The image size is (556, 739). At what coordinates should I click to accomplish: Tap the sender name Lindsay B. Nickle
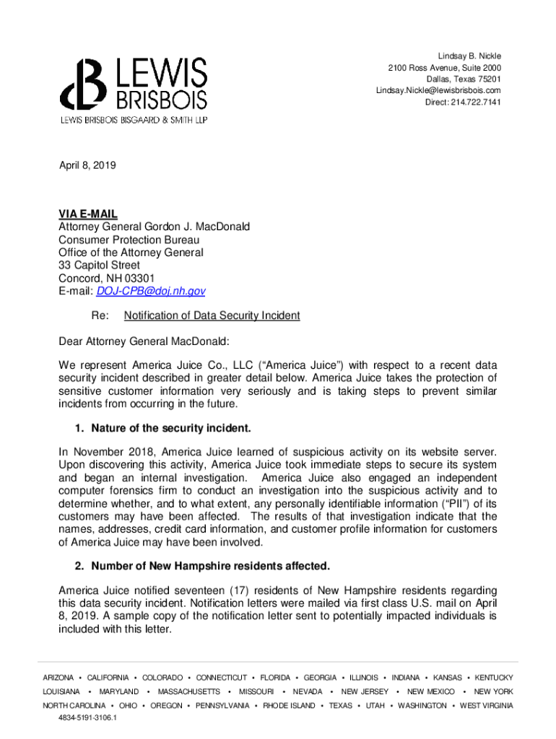tap(469, 56)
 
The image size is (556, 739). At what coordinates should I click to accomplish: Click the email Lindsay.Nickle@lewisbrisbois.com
tap(438, 90)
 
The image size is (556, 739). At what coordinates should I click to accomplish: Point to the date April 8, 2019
tap(87, 165)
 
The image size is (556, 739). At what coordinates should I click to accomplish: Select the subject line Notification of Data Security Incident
tap(212, 315)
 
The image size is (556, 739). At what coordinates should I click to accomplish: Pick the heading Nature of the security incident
tap(171, 429)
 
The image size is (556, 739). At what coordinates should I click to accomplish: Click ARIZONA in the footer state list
tap(58, 678)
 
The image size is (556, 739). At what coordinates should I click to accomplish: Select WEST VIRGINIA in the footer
tap(487, 705)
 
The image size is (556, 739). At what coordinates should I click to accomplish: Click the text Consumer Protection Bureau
tap(129, 240)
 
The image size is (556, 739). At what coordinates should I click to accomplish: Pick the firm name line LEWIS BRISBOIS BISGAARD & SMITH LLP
tap(134, 120)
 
